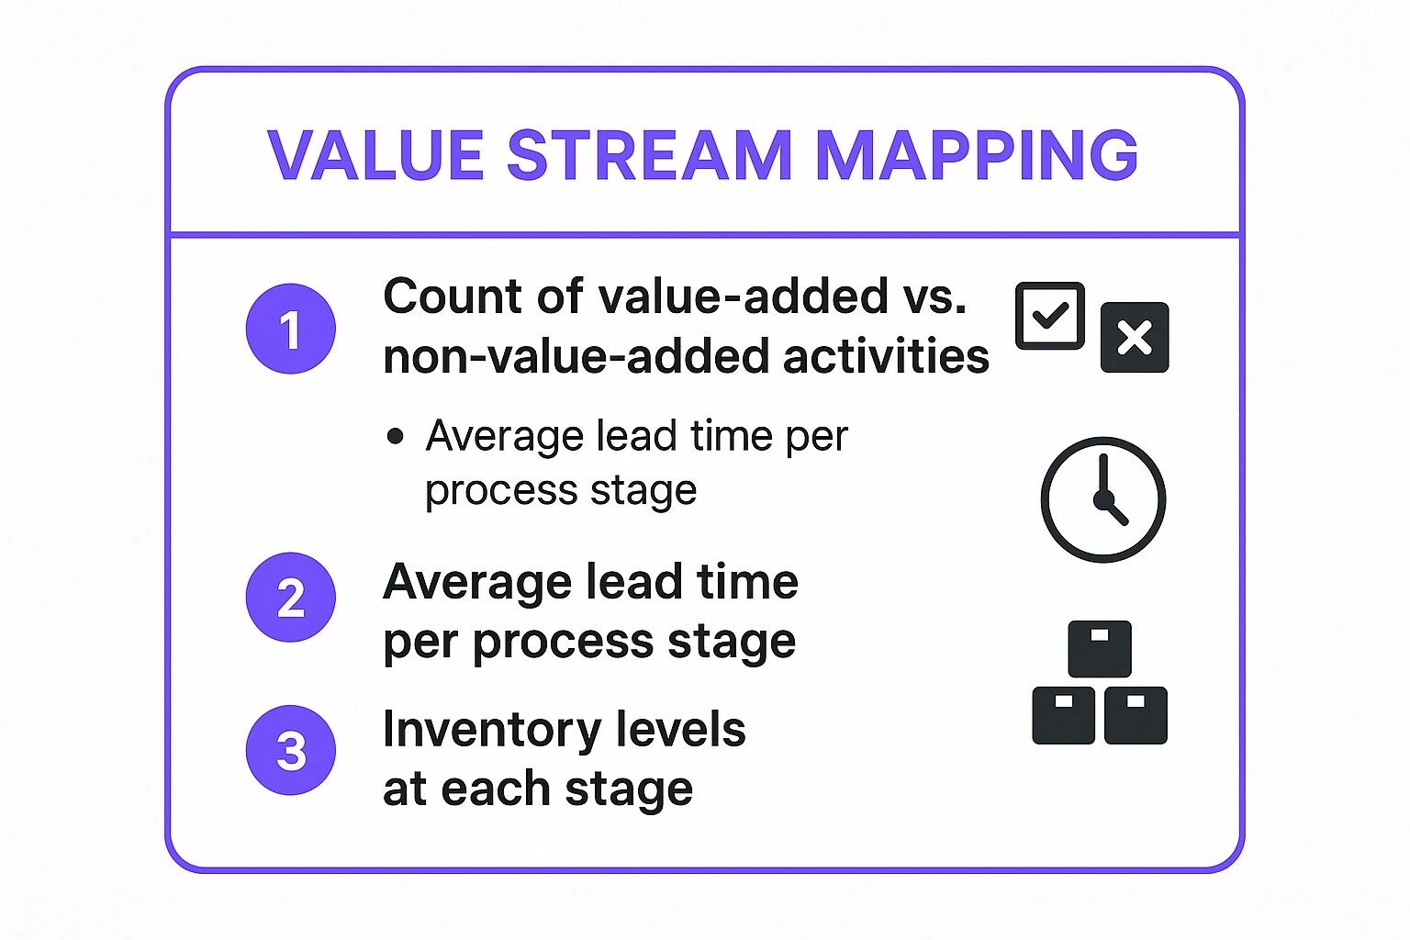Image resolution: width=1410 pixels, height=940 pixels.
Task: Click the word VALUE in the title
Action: (375, 154)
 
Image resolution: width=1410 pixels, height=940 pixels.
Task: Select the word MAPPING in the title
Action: (976, 154)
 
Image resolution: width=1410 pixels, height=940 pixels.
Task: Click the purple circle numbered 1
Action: (290, 329)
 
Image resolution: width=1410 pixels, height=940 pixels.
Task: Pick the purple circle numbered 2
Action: (290, 598)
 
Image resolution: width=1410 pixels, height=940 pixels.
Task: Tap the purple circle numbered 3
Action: (290, 750)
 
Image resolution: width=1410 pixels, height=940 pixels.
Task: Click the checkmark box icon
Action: (1050, 316)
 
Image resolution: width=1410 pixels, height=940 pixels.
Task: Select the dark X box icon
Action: (1135, 337)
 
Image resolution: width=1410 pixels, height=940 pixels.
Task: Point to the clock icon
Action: (1102, 499)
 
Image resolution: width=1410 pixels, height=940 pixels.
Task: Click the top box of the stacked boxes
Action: (1100, 649)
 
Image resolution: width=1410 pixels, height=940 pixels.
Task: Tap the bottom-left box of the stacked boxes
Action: (1063, 715)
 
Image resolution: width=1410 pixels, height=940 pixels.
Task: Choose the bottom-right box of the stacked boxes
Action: (1136, 715)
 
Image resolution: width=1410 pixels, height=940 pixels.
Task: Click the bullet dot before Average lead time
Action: (396, 436)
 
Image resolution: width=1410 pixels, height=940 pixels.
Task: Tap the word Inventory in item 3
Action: (492, 730)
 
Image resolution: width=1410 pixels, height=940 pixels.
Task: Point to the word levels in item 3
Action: (680, 730)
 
